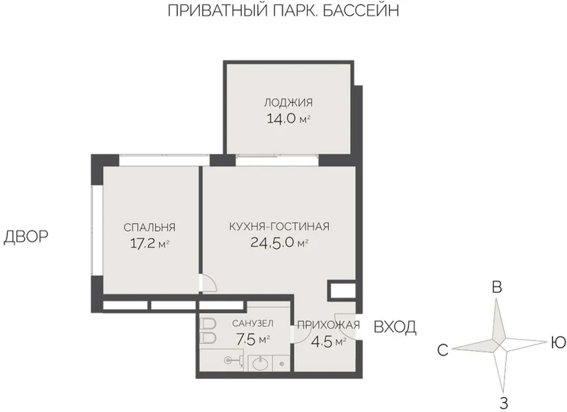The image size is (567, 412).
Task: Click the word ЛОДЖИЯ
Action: click(288, 103)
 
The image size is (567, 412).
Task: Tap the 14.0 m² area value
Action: click(288, 118)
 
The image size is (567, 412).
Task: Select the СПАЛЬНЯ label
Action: click(150, 228)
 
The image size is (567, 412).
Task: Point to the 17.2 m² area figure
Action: click(150, 243)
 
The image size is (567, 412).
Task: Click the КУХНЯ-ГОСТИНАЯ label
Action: click(279, 226)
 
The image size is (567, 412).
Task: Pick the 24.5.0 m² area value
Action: click(279, 243)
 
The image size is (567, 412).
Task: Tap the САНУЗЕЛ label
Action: click(253, 323)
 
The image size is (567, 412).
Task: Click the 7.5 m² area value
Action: click(253, 339)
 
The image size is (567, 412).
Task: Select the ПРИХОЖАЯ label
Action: click(328, 325)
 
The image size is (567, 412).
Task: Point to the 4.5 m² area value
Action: click(329, 342)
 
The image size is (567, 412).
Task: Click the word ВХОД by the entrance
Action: click(395, 327)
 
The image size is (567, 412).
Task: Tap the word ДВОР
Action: click(26, 237)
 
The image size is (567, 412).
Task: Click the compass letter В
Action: click(498, 287)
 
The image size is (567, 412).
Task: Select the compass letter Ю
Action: click(558, 343)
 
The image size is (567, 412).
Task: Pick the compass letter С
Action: click(443, 350)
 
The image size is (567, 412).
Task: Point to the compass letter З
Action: click(504, 403)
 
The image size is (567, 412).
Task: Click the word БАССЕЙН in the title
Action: click(360, 11)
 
